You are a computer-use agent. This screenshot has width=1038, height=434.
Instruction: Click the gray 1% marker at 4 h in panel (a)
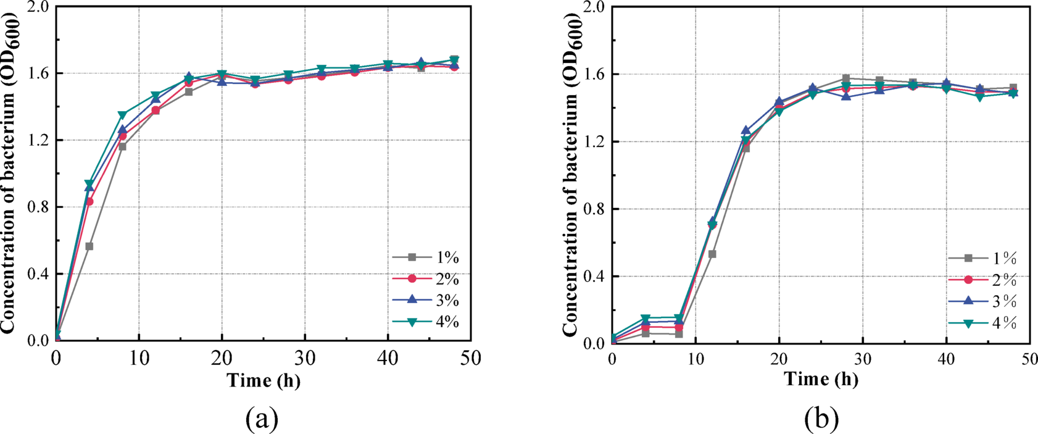coord(89,246)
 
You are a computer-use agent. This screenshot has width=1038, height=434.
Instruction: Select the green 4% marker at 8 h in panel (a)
coord(122,115)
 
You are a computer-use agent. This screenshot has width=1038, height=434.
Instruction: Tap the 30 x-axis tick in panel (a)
coord(304,357)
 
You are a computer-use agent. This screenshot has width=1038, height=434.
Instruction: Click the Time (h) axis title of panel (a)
coord(264,380)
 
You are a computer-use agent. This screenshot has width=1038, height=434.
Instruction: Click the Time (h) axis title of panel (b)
coord(821,379)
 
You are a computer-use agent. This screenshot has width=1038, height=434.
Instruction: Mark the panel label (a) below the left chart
coord(262,419)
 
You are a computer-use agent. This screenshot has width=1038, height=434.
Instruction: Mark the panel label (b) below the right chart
coord(821,419)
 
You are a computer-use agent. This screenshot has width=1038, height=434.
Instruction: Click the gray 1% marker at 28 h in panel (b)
coord(845,78)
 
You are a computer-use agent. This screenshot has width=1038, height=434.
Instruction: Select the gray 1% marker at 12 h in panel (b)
coord(712,254)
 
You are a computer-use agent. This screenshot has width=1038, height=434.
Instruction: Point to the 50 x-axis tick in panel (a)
coord(470,357)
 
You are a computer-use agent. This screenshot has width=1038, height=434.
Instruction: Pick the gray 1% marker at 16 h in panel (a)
coord(189,92)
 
